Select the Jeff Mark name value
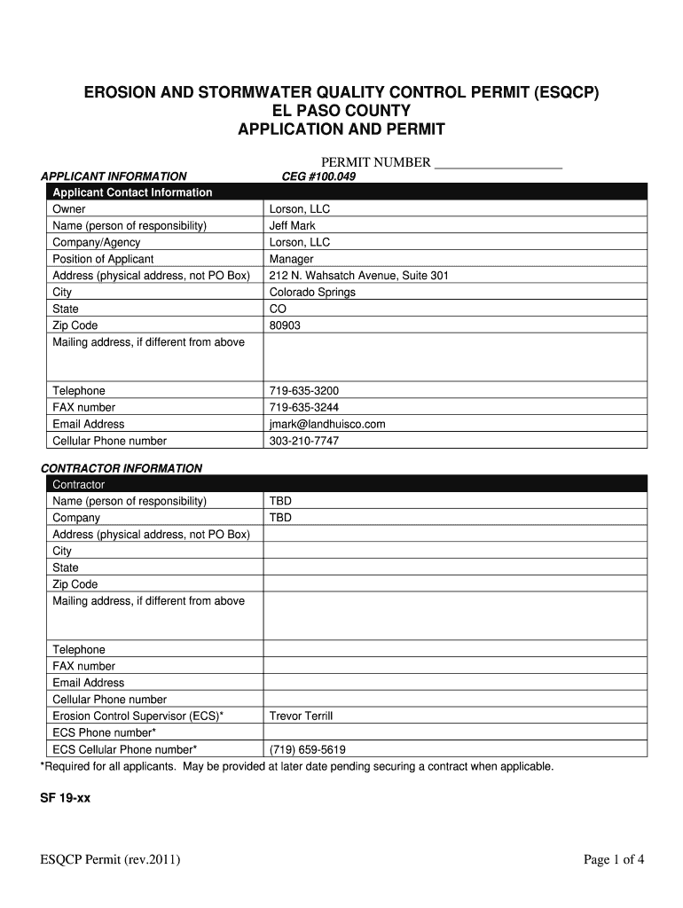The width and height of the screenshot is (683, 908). tap(292, 226)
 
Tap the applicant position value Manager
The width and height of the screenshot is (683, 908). tap(291, 259)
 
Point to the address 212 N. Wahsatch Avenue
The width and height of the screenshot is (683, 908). tap(358, 276)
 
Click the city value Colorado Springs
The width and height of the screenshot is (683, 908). tap(311, 292)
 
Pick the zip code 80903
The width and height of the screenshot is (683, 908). tap(285, 325)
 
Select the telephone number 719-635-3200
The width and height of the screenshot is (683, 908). tap(303, 391)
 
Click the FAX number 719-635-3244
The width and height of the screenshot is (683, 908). tap(303, 408)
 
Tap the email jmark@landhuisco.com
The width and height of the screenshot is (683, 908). tap(326, 424)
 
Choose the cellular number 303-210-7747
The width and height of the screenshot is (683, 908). tap(303, 441)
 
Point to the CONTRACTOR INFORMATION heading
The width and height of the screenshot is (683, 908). tap(122, 468)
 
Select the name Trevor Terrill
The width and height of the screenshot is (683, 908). tap(301, 716)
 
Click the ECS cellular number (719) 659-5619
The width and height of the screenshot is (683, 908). tap(307, 749)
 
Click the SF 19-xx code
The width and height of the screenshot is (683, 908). tap(66, 798)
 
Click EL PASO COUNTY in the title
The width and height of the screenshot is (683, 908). tap(341, 111)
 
